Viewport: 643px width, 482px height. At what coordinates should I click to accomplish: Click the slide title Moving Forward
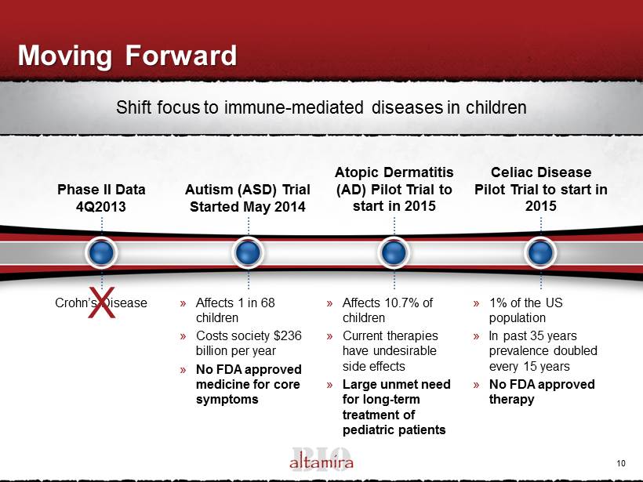127,56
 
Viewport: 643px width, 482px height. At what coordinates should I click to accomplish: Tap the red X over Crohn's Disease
102,303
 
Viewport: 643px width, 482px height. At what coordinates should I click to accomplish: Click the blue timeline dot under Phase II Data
101,252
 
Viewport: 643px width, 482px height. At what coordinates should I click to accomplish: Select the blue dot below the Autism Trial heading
248,252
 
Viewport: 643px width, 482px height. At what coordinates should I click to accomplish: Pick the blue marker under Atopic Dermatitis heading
394,252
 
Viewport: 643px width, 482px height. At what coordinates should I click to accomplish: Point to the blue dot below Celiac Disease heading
540,252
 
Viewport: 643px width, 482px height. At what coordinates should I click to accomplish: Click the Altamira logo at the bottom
321,459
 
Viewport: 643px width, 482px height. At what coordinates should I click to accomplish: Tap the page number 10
621,463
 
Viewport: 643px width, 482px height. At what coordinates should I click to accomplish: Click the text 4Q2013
101,206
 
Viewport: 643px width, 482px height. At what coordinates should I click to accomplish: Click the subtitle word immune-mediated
293,107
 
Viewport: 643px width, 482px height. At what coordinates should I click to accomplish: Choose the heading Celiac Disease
541,172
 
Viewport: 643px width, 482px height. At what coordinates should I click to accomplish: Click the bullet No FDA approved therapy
542,391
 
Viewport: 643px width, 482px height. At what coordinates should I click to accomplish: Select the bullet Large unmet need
396,385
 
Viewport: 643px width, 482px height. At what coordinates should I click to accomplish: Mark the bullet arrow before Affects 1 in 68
183,304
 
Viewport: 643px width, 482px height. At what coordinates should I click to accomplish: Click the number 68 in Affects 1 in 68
267,303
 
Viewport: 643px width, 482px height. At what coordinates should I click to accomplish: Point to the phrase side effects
373,366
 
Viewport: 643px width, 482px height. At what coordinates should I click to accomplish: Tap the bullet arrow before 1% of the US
476,304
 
